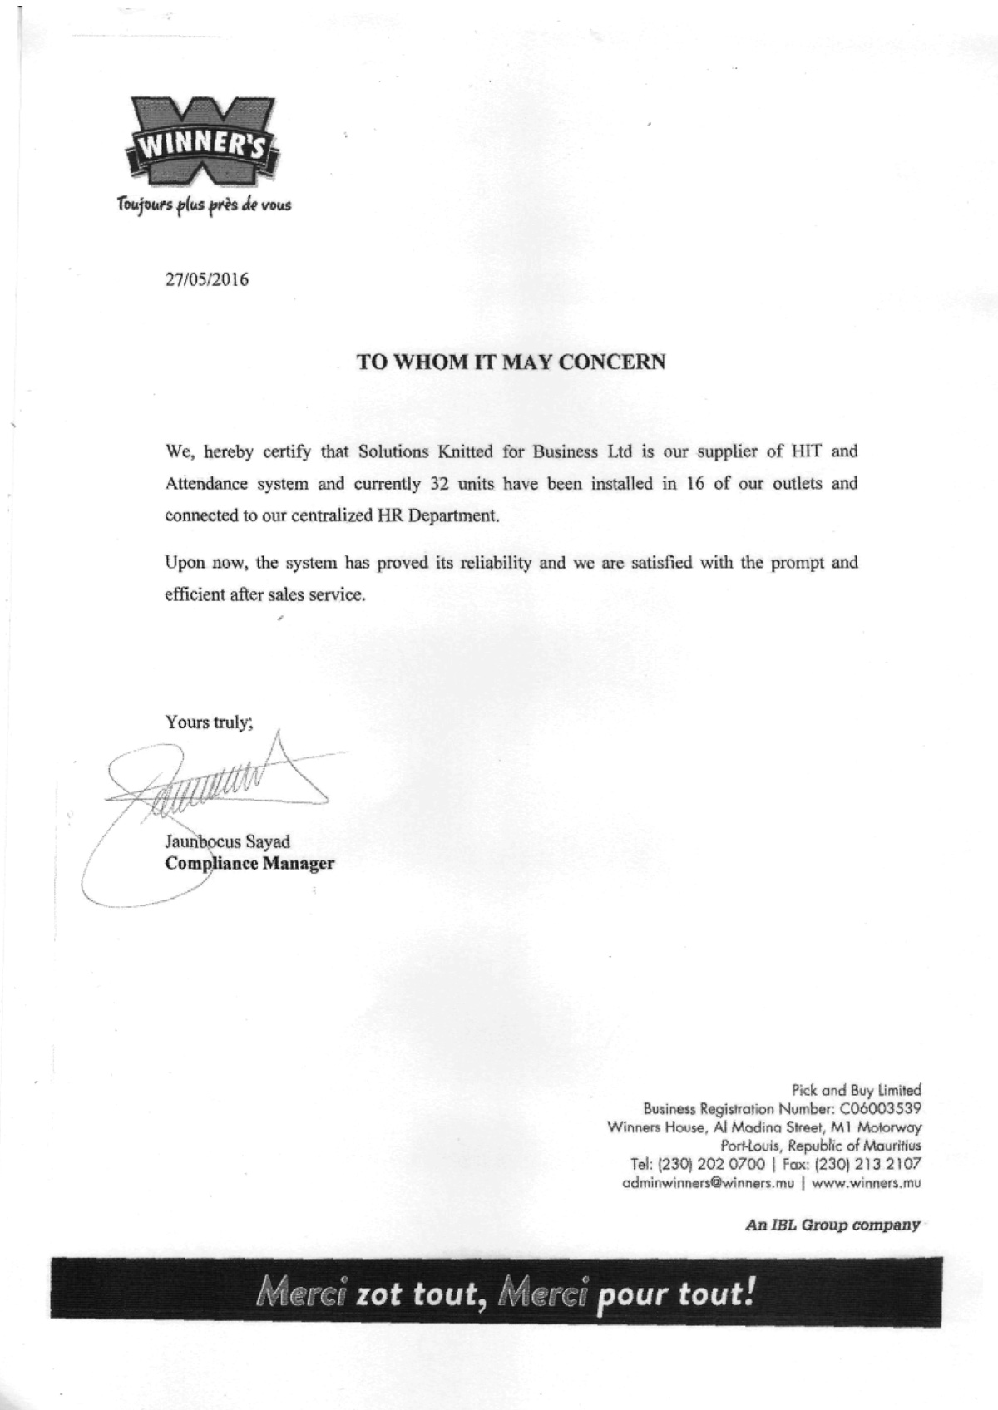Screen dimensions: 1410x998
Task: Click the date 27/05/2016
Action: [x=207, y=279]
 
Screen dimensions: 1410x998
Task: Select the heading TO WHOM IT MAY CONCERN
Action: [x=511, y=362]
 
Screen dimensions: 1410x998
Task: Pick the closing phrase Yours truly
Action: [x=209, y=722]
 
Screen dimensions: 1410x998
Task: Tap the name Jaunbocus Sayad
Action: [x=228, y=841]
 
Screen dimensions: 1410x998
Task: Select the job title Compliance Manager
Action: [x=249, y=863]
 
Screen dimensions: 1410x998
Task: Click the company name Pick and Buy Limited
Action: [x=856, y=1089]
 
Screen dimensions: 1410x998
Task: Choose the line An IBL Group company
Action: [x=832, y=1225]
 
